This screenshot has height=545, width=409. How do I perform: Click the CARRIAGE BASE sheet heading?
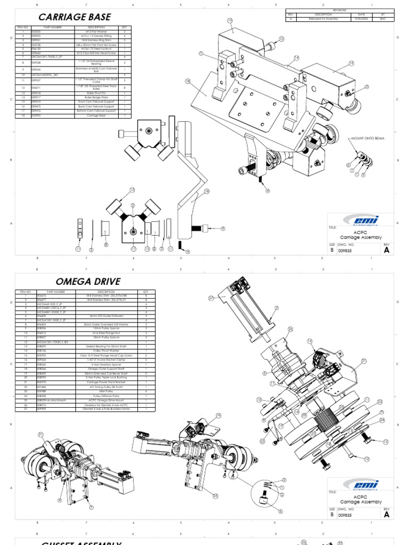tap(75, 17)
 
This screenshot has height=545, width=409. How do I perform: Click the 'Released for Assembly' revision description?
tap(323, 19)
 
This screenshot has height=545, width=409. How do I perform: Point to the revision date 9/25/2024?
tap(361, 19)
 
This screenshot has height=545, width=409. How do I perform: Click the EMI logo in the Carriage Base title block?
tap(361, 220)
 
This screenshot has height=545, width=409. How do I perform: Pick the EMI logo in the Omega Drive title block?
tap(361, 484)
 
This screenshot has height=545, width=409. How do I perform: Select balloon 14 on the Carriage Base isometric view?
tap(296, 57)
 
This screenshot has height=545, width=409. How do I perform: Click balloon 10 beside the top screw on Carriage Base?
tap(281, 38)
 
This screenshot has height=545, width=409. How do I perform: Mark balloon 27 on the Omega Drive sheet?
tap(211, 299)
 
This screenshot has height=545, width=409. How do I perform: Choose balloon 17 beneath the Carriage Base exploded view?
tap(134, 249)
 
